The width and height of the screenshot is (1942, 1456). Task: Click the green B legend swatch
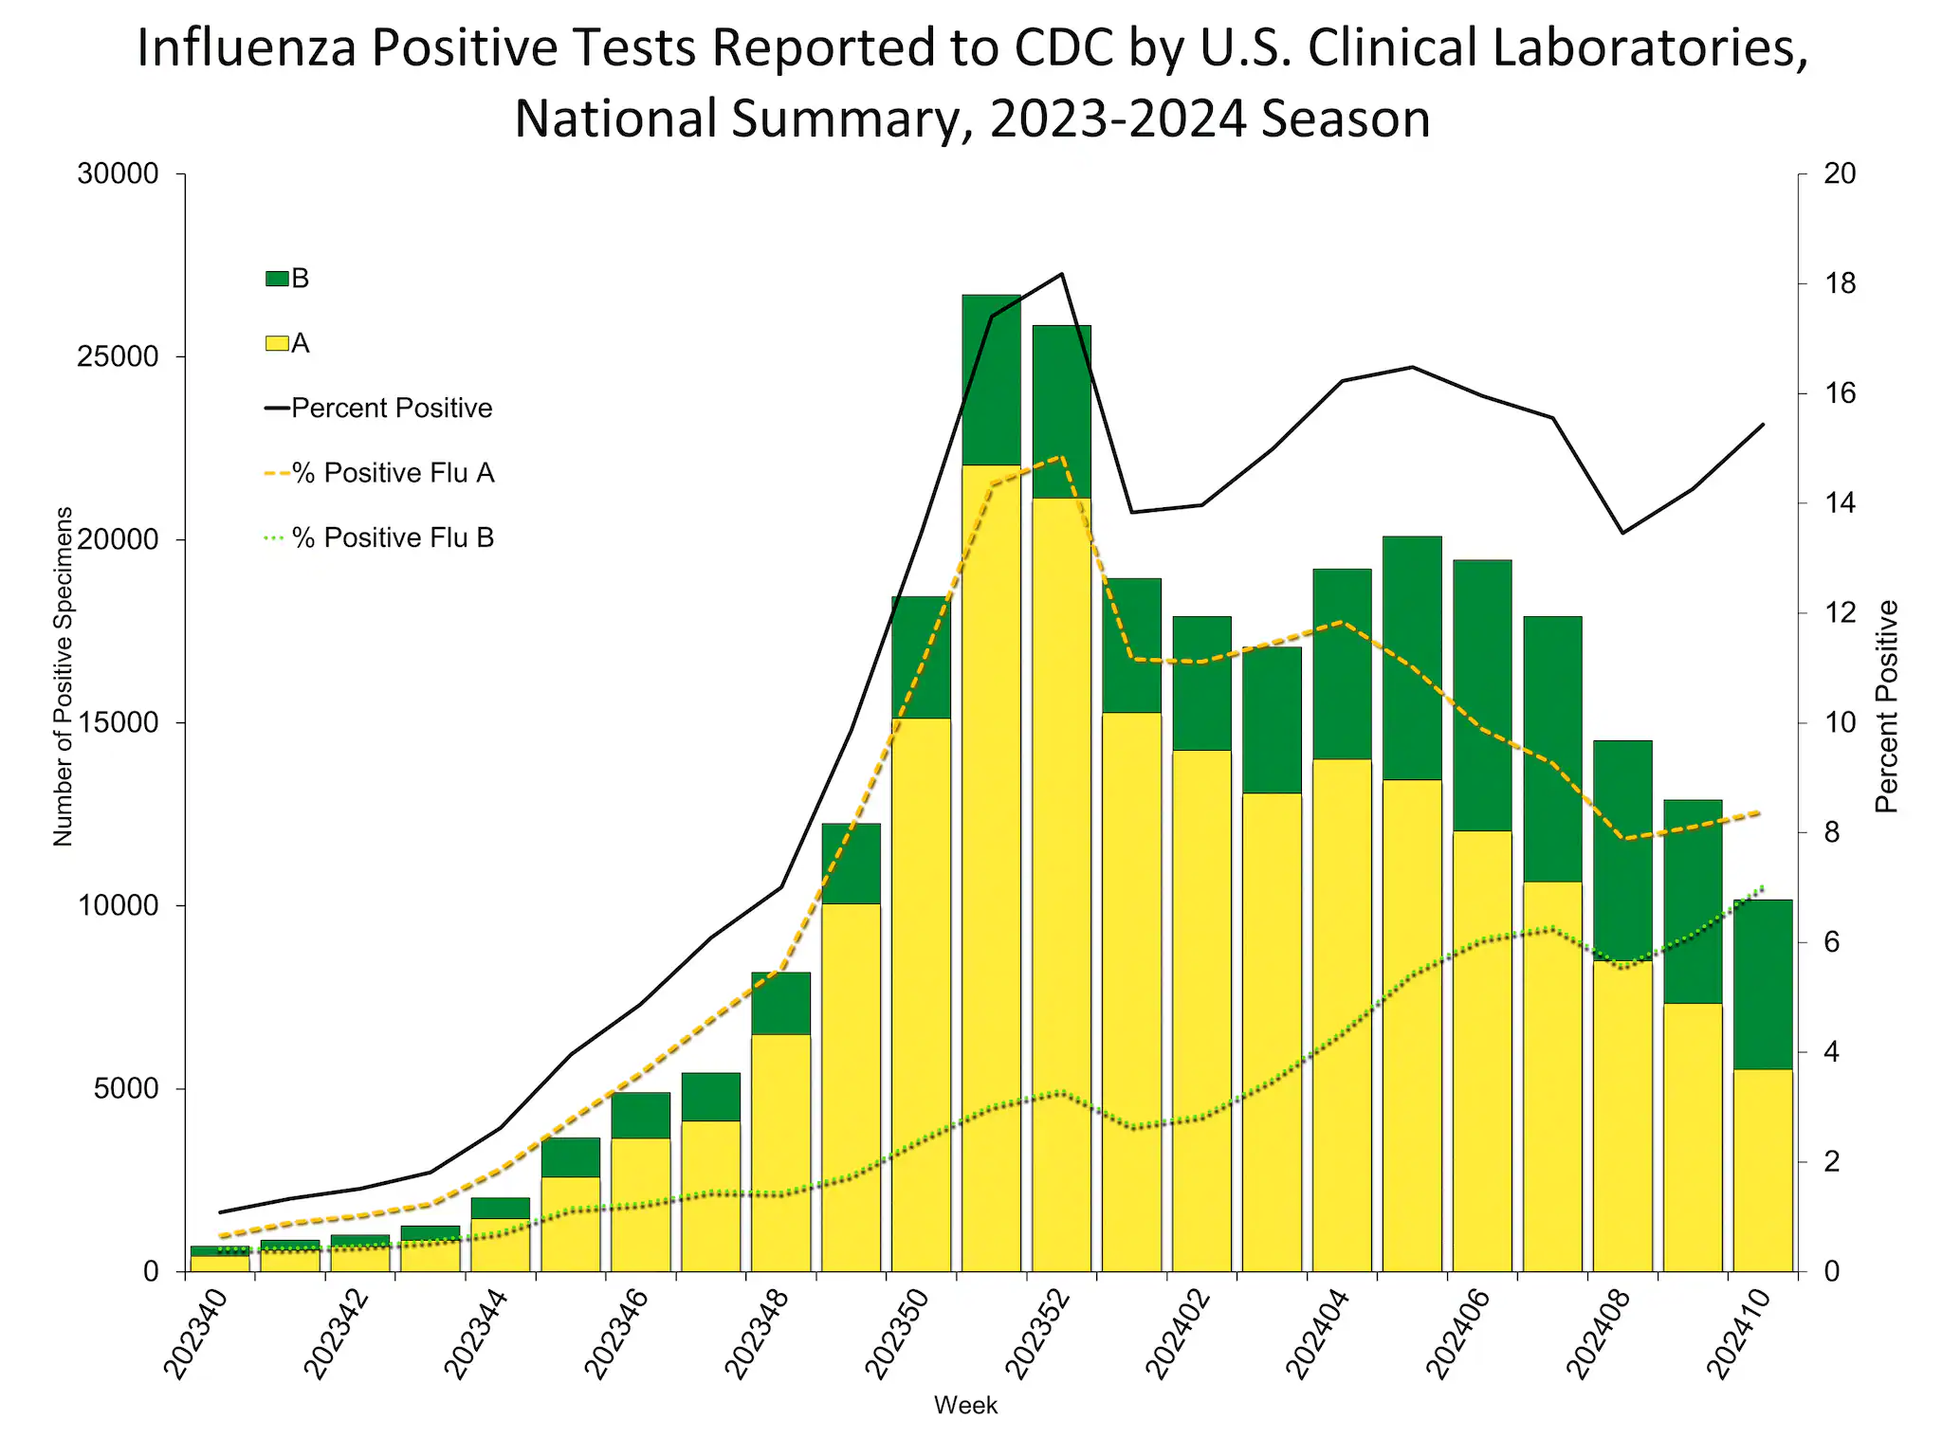coord(277,279)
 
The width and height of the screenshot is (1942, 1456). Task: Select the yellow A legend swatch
coord(277,343)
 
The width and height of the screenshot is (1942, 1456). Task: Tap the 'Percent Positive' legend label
coord(392,409)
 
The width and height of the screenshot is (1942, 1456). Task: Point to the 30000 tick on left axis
coord(118,174)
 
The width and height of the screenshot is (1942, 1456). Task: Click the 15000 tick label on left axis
coord(118,723)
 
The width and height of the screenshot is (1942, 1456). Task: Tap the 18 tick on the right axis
coord(1841,283)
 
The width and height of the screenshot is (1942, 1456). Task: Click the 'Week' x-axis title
coord(965,1406)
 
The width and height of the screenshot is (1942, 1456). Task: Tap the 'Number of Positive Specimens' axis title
coord(63,676)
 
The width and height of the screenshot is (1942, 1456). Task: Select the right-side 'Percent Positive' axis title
coord(1887,706)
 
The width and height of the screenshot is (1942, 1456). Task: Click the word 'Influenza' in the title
coord(247,48)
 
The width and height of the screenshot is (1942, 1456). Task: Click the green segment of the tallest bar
coord(991,379)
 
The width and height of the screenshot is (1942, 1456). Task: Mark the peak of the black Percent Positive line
coord(1062,274)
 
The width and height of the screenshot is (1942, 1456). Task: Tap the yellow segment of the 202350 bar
coord(921,995)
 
